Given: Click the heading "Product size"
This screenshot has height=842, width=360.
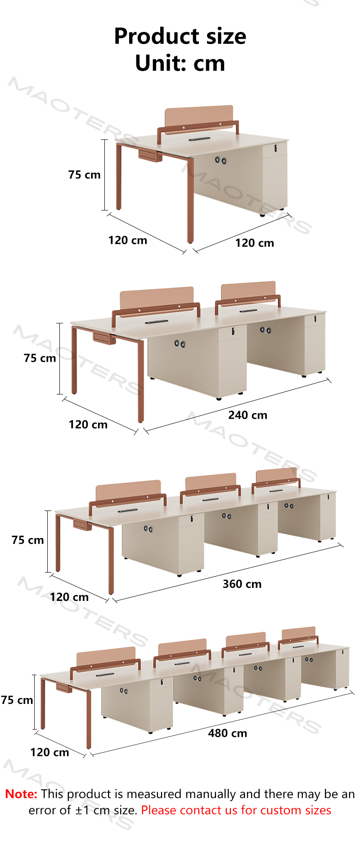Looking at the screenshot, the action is click(180, 36).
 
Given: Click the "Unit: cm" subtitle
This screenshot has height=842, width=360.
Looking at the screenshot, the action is click(180, 63).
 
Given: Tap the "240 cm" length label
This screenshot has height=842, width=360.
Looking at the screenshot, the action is click(247, 415).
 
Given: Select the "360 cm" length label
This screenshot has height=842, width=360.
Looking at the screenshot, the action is click(242, 584).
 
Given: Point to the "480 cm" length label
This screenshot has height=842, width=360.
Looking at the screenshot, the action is click(228, 733).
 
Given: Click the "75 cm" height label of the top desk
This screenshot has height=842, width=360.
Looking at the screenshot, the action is click(85, 175).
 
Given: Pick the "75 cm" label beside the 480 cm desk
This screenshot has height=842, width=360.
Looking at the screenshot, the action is click(17, 700).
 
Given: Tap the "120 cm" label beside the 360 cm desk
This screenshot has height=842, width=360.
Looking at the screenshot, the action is click(69, 597).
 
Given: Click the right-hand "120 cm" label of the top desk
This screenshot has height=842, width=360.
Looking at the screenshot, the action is click(255, 243).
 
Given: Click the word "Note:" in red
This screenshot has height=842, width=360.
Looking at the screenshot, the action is click(21, 794).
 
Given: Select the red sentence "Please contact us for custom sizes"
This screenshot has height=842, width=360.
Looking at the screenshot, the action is click(236, 810).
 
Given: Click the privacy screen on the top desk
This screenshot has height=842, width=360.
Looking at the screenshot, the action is click(199, 118).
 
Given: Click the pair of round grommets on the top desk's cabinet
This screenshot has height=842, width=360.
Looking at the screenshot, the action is click(220, 160).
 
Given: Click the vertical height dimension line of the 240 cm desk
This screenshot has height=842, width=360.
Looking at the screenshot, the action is click(59, 358).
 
